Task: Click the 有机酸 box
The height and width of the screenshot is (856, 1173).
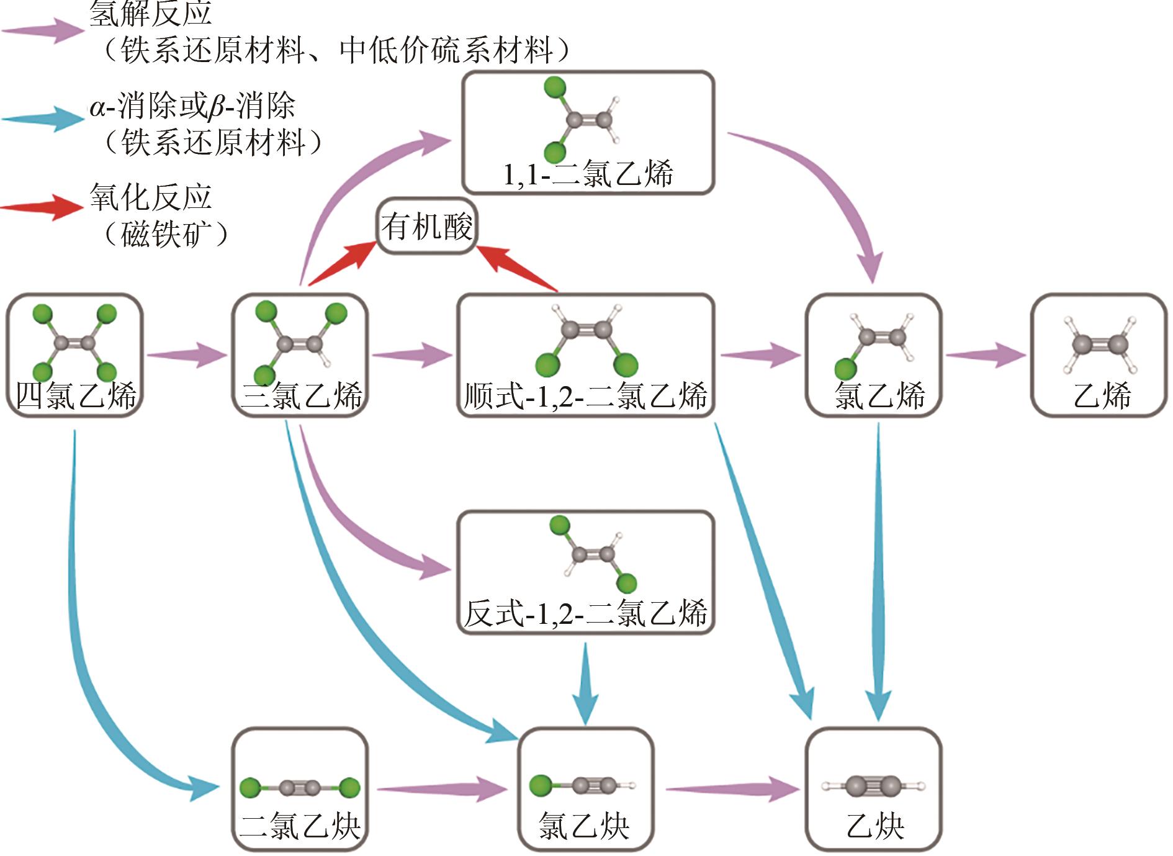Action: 426,227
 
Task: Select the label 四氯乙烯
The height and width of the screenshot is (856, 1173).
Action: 75,395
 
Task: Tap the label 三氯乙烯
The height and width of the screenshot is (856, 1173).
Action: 300,395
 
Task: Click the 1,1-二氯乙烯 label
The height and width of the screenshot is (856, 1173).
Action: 587,174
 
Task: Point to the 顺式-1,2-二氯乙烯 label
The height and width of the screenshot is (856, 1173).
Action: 585,395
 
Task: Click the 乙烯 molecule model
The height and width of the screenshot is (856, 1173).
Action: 1100,345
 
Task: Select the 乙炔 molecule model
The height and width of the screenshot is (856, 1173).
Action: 873,786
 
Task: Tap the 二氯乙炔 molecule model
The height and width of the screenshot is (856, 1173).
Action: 300,788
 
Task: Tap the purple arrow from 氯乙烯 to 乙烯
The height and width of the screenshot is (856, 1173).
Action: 986,355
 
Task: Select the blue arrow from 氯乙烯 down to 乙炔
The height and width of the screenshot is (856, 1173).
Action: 878,571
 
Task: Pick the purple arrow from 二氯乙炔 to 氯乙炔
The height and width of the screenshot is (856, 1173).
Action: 442,789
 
